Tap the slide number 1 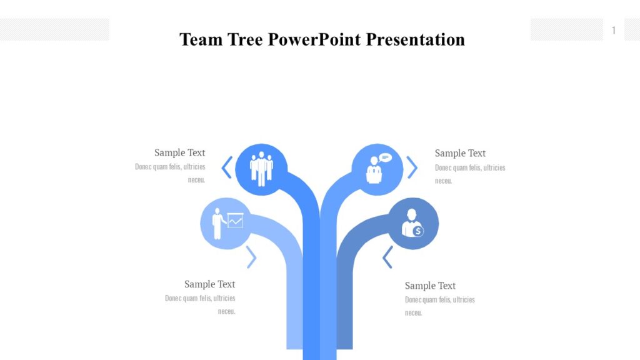(x=614, y=30)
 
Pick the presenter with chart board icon (x=226, y=223)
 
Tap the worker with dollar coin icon (x=413, y=224)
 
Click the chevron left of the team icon (x=227, y=167)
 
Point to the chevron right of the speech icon (x=412, y=167)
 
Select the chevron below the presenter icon (x=251, y=257)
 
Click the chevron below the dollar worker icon (x=387, y=257)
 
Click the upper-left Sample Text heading (x=179, y=152)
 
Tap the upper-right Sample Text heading (x=460, y=153)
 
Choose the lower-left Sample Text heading (x=209, y=284)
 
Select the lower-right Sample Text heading (x=430, y=286)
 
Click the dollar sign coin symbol (x=418, y=231)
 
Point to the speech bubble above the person (x=385, y=157)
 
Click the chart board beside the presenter (x=235, y=220)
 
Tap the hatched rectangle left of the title (x=54, y=29)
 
